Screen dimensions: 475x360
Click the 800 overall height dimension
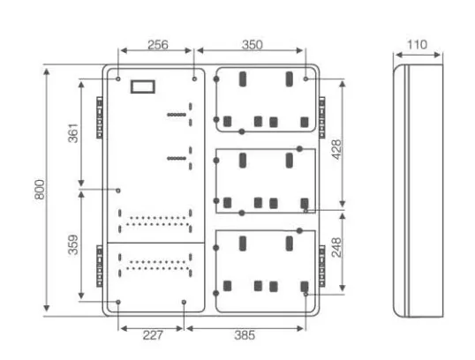(40, 190)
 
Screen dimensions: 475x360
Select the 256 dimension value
(157, 45)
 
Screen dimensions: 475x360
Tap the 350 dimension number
(252, 45)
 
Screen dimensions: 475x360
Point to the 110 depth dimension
(417, 44)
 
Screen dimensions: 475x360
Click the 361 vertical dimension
(73, 133)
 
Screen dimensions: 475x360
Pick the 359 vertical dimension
(73, 244)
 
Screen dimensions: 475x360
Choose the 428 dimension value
(336, 149)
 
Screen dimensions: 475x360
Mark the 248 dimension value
(336, 248)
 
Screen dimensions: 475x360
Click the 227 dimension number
(153, 335)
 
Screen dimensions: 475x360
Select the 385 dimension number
(245, 335)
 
